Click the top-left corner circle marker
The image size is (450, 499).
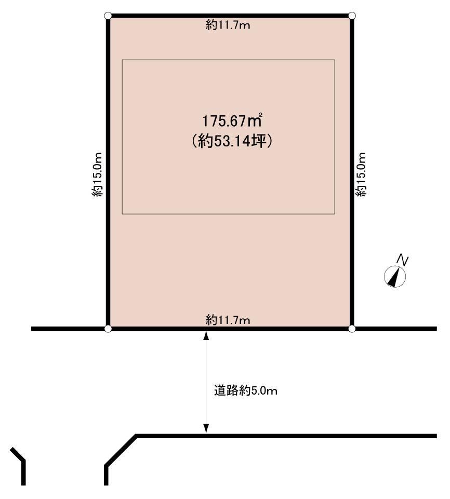click(x=108, y=15)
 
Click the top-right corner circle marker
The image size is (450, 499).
click(x=352, y=15)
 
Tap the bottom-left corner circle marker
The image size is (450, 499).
click(x=108, y=329)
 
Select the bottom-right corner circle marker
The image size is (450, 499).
click(x=352, y=329)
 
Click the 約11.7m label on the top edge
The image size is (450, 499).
click(x=228, y=25)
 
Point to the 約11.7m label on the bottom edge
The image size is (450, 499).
click(x=228, y=319)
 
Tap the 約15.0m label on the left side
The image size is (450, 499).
click(x=98, y=174)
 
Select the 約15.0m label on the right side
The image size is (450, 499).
click(x=361, y=174)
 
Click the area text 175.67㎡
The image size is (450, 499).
click(x=232, y=120)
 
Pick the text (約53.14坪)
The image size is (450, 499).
click(x=232, y=141)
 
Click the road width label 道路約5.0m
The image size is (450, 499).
click(x=246, y=390)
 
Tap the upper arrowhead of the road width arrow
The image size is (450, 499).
click(x=206, y=335)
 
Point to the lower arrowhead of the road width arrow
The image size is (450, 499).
click(x=206, y=429)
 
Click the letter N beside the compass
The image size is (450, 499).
click(x=404, y=260)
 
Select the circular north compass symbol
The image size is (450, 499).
click(x=395, y=276)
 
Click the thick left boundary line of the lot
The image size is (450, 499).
click(x=108, y=172)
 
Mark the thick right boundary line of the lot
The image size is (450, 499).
click(x=352, y=172)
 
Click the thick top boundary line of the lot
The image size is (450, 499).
click(x=230, y=16)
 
